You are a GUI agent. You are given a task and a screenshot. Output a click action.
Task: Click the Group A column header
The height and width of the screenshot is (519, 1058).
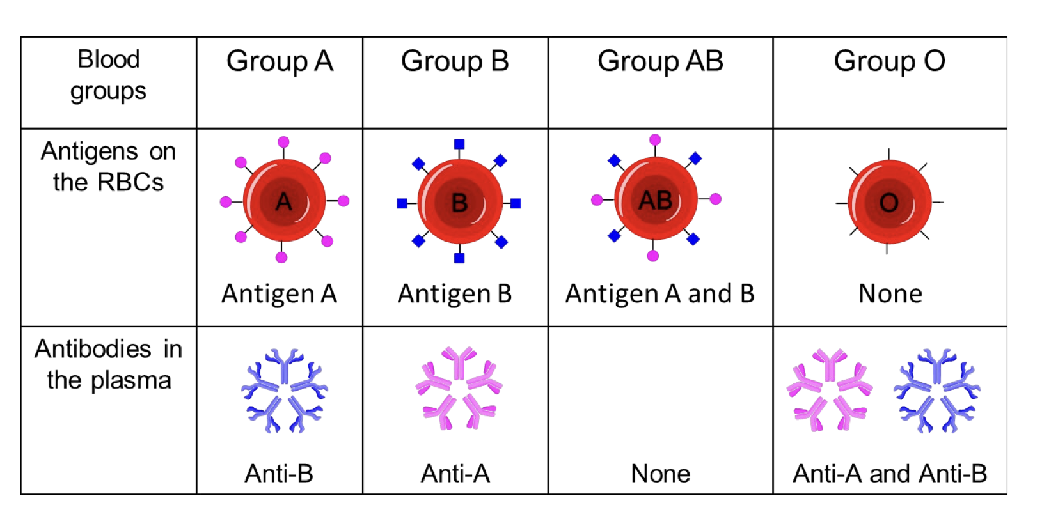click(280, 62)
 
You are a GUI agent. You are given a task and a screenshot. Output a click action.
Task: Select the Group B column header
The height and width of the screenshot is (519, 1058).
click(455, 62)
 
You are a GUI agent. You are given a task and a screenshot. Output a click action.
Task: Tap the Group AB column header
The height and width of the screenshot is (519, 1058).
click(660, 62)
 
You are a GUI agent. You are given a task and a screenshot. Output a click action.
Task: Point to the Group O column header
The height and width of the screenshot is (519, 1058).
click(889, 62)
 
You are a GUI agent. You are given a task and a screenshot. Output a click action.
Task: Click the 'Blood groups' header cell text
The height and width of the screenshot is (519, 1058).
click(108, 75)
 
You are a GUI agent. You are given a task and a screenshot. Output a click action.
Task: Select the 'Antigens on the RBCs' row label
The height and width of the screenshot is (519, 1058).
click(108, 167)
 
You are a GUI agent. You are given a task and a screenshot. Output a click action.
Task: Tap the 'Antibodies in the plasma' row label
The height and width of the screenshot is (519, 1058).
click(108, 364)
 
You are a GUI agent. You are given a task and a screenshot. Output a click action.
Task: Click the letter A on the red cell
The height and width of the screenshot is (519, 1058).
click(284, 202)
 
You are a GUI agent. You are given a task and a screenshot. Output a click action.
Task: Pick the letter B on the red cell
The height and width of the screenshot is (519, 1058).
click(459, 203)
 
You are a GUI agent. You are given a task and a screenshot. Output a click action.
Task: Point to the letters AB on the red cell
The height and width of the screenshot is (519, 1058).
click(656, 200)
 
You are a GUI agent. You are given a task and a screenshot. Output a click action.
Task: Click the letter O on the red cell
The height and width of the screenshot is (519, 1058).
click(889, 203)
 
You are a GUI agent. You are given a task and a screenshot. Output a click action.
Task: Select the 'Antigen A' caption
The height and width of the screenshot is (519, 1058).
click(279, 294)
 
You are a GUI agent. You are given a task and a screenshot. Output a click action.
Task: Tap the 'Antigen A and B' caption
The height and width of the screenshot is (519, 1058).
click(660, 294)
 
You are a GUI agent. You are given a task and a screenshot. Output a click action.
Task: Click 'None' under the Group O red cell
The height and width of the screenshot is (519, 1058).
click(890, 294)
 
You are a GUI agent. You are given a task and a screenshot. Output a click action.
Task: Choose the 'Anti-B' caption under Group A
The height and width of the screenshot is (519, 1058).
click(279, 474)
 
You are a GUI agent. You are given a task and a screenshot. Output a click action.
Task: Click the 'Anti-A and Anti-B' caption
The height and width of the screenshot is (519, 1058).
click(890, 474)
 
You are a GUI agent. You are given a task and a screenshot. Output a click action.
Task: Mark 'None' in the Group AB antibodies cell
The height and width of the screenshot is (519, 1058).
click(660, 474)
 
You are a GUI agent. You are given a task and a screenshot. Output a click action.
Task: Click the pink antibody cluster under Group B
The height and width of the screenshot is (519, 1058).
click(459, 388)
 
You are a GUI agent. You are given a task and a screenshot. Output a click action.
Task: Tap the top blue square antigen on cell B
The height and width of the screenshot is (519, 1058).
click(459, 144)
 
